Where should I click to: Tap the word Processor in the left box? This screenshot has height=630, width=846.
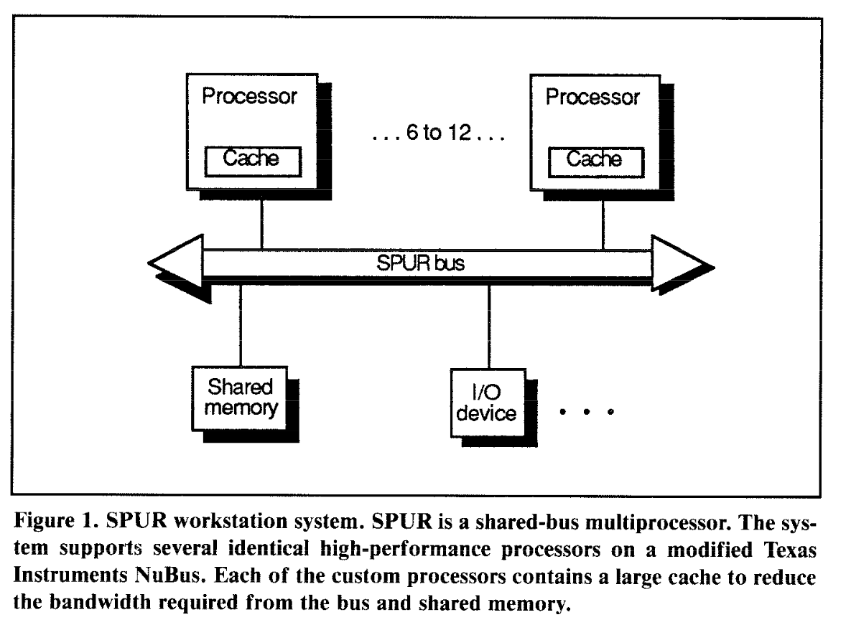tap(249, 96)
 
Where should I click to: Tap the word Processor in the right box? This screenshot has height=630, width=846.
tap(592, 96)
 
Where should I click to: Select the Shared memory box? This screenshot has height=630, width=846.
tap(240, 398)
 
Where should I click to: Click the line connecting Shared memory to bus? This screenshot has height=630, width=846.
tap(241, 323)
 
